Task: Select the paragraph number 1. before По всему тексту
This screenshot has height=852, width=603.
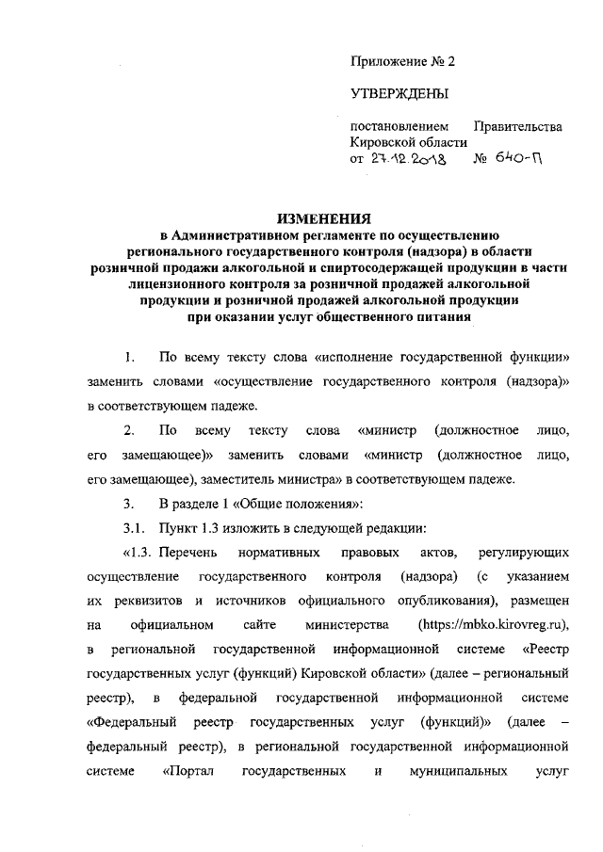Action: pos(129,359)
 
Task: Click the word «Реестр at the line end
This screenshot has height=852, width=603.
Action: pos(545,649)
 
